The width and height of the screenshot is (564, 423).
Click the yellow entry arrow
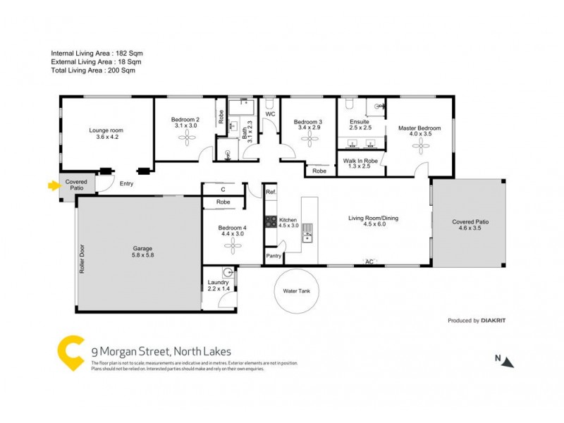click(x=51, y=186)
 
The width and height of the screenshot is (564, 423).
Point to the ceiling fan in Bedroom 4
click(x=232, y=245)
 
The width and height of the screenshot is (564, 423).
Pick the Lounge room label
click(x=106, y=130)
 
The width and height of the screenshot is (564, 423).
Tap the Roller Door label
click(x=82, y=259)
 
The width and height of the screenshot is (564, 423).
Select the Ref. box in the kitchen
click(x=271, y=192)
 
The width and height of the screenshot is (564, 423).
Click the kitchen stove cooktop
click(x=270, y=221)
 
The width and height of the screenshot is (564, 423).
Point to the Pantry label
click(x=274, y=256)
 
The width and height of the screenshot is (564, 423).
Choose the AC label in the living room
click(x=368, y=262)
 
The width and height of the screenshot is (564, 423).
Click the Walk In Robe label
click(x=360, y=161)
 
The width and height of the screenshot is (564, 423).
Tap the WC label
click(x=270, y=114)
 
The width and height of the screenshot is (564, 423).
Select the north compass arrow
click(x=508, y=362)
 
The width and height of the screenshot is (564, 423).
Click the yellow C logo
click(x=70, y=351)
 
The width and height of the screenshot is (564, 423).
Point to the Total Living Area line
click(x=93, y=70)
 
